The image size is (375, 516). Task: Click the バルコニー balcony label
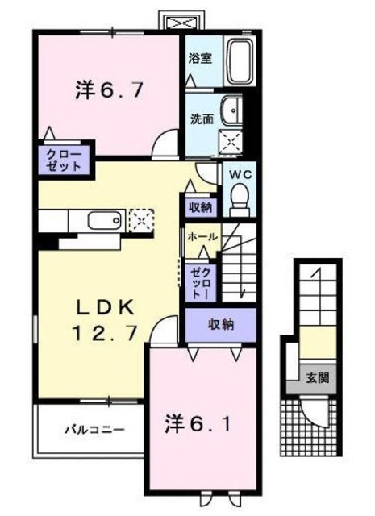pyautogui.click(x=94, y=429)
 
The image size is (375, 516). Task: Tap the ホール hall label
pyautogui.click(x=201, y=238)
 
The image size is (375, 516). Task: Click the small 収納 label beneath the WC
pyautogui.click(x=201, y=207)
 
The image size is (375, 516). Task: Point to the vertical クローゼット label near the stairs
pyautogui.click(x=197, y=284)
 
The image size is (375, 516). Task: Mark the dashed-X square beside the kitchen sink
pyautogui.click(x=140, y=219)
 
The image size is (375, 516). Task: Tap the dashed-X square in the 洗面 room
pyautogui.click(x=232, y=142)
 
